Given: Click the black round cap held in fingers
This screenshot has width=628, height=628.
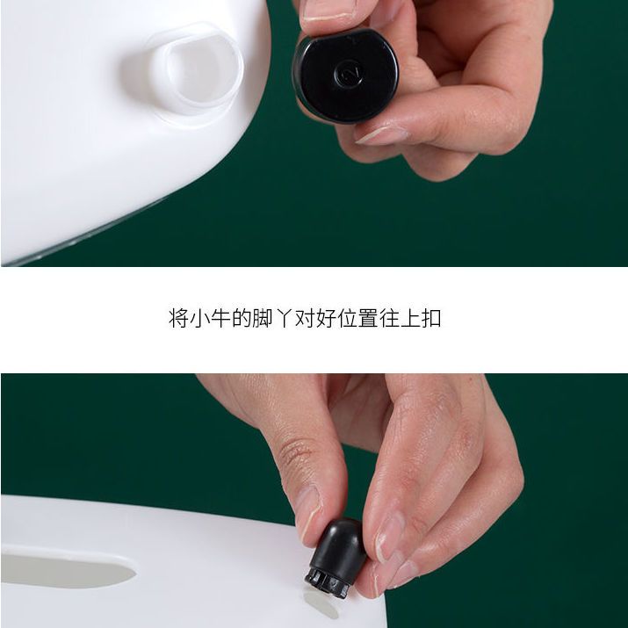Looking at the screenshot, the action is click(x=345, y=76).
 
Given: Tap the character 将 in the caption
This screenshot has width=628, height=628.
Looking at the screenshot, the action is click(x=178, y=319).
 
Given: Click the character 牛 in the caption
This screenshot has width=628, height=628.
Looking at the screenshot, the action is click(x=220, y=319).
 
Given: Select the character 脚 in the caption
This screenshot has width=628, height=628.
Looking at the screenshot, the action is click(x=263, y=319).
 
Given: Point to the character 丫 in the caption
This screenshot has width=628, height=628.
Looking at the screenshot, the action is click(x=284, y=319).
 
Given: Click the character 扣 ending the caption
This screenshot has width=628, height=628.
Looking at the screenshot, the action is click(x=431, y=319).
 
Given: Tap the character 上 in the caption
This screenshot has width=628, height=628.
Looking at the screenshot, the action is click(x=410, y=319).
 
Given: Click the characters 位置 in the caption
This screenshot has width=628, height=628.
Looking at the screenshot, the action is click(x=357, y=319).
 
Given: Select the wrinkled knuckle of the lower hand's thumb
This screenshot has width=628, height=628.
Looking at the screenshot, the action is click(x=296, y=451).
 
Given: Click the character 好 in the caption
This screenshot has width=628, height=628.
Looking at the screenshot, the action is click(x=326, y=319).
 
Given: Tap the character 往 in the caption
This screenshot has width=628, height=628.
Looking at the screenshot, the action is click(x=389, y=319).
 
